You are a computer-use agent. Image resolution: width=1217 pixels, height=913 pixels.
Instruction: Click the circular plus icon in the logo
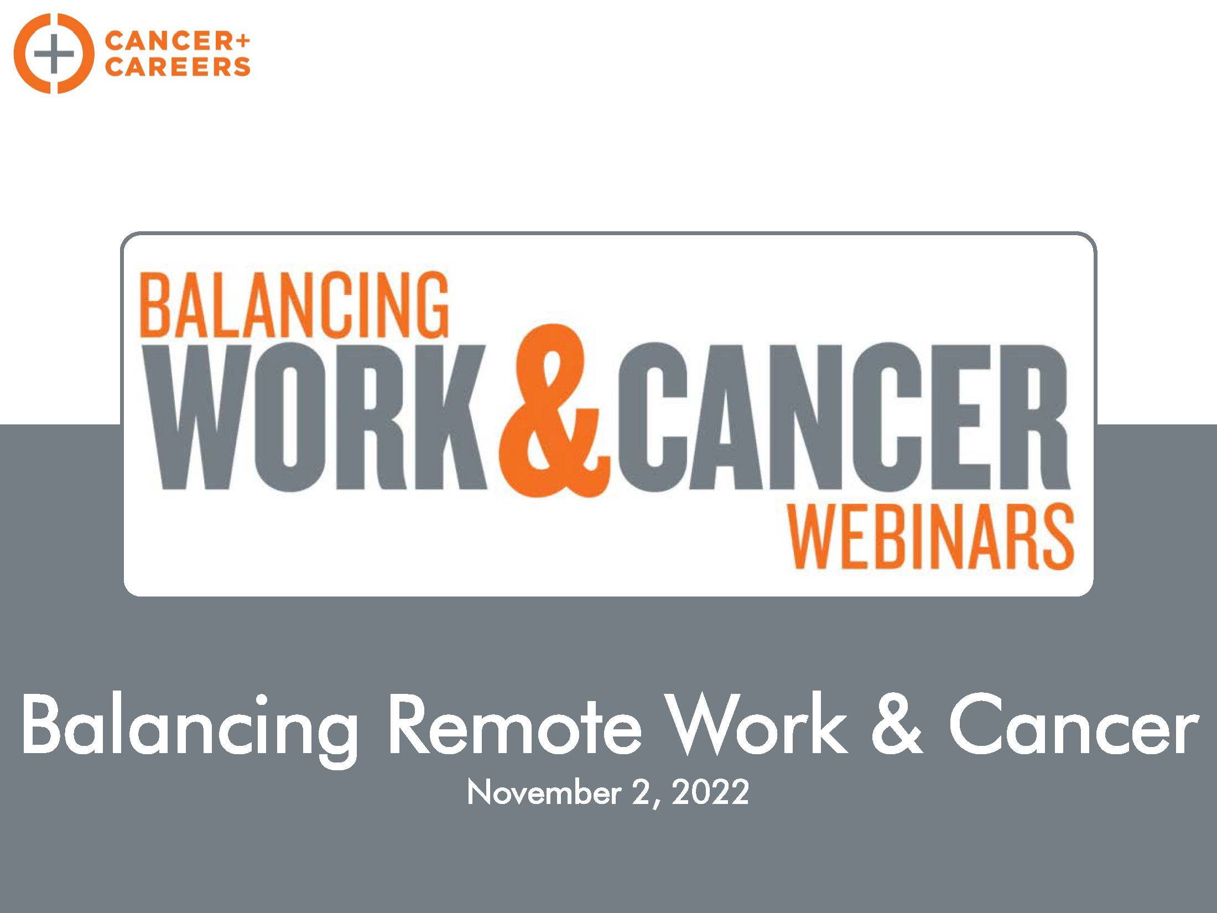click(54, 54)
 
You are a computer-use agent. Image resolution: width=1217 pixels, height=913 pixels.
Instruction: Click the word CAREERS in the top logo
click(178, 67)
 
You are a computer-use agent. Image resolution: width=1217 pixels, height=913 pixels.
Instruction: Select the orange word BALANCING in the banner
click(294, 304)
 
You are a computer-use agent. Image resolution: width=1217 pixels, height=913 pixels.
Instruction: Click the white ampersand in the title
click(897, 725)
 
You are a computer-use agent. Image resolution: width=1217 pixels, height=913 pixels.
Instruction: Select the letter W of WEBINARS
click(812, 537)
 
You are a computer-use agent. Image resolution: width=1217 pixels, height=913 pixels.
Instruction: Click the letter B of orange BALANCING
click(155, 304)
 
